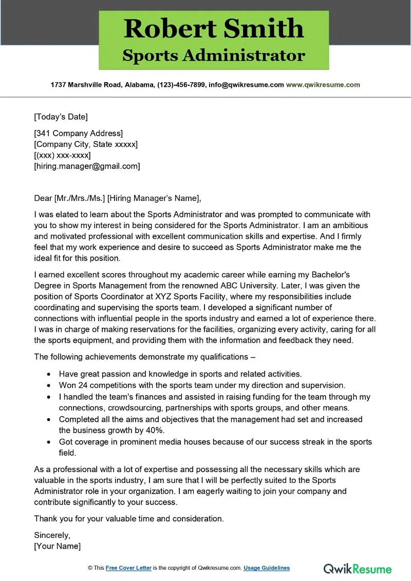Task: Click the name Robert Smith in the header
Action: coord(214,28)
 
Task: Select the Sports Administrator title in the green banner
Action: coord(214,55)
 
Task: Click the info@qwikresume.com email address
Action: coord(246,85)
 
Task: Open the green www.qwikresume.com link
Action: coord(323,85)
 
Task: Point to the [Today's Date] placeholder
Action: coord(61,117)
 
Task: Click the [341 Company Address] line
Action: coord(78,134)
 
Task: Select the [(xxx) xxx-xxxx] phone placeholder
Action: coord(62,155)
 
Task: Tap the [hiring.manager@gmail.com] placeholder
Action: coord(87,166)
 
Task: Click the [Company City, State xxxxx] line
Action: coord(86,144)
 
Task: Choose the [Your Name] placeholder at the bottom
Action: coord(57,546)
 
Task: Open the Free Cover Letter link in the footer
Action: coord(128,568)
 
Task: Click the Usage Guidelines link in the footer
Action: coord(267,568)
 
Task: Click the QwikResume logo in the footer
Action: coord(358,569)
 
